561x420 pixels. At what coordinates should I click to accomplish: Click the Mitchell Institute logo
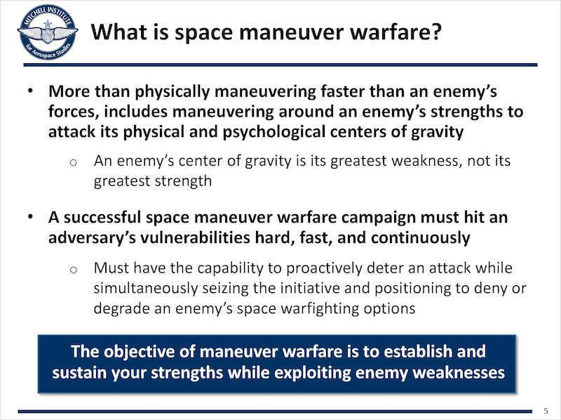pyautogui.click(x=47, y=32)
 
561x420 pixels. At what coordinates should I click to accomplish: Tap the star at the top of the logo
pyautogui.click(x=47, y=25)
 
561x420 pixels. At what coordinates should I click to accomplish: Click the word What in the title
pyautogui.click(x=118, y=32)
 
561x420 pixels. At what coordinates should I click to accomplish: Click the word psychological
pyautogui.click(x=274, y=132)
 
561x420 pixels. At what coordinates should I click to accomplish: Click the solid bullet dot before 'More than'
pyautogui.click(x=31, y=91)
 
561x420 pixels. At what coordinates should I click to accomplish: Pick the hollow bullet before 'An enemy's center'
pyautogui.click(x=74, y=163)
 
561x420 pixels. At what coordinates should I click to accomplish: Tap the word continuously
pyautogui.click(x=421, y=238)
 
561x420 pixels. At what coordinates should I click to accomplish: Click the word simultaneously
pyautogui.click(x=146, y=289)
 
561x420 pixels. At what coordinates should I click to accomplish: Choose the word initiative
pyautogui.click(x=306, y=288)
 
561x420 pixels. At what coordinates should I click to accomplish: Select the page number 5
pyautogui.click(x=546, y=411)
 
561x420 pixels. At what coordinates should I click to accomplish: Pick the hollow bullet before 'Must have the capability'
pyautogui.click(x=74, y=270)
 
